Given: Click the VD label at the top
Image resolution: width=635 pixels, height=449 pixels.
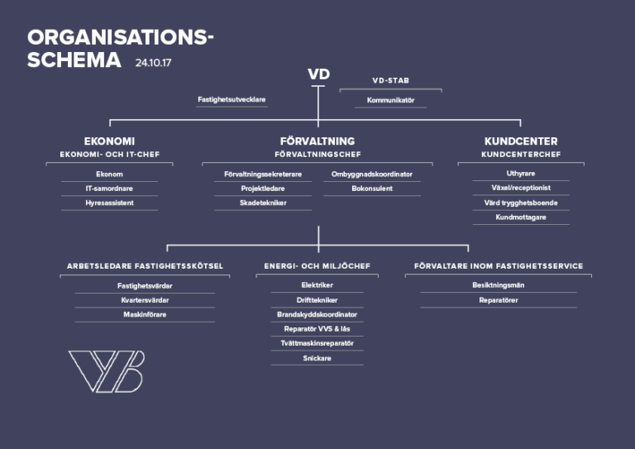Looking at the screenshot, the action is click(318, 74).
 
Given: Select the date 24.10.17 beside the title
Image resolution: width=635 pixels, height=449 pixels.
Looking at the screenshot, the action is click(153, 63).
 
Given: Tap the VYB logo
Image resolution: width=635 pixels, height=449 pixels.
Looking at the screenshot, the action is click(107, 371).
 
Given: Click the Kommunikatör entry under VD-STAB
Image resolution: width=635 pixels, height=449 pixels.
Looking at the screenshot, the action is click(391, 100).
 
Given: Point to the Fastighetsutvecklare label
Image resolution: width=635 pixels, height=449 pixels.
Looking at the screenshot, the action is click(232, 99).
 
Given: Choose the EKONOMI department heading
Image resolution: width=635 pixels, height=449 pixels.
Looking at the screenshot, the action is click(109, 141).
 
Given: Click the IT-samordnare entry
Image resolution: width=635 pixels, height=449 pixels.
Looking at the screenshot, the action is click(109, 189).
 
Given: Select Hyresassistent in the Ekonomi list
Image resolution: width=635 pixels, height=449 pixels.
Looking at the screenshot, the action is click(109, 203).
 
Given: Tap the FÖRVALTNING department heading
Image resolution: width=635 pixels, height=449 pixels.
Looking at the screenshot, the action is click(317, 141).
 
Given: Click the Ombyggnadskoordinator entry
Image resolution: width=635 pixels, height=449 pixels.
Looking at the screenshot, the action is click(372, 174).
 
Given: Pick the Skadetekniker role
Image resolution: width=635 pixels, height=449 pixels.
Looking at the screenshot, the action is click(263, 203).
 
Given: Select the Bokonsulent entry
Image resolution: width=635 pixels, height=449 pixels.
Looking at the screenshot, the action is click(372, 189).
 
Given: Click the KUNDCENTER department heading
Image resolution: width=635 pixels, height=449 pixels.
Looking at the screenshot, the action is click(521, 141).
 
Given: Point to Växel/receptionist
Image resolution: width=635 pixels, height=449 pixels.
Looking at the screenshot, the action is click(521, 188).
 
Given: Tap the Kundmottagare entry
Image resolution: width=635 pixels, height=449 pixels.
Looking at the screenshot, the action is click(521, 217).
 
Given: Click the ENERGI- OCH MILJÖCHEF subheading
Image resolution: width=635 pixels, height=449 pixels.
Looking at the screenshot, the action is click(317, 266).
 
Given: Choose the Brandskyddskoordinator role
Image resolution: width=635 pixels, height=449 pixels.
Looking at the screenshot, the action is click(317, 314).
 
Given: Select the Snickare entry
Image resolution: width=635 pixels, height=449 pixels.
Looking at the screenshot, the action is click(317, 358).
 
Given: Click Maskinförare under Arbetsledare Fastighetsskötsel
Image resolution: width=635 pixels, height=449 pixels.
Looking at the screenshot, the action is click(145, 314).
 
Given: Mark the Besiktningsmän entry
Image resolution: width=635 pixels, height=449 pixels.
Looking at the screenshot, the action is click(499, 285).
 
